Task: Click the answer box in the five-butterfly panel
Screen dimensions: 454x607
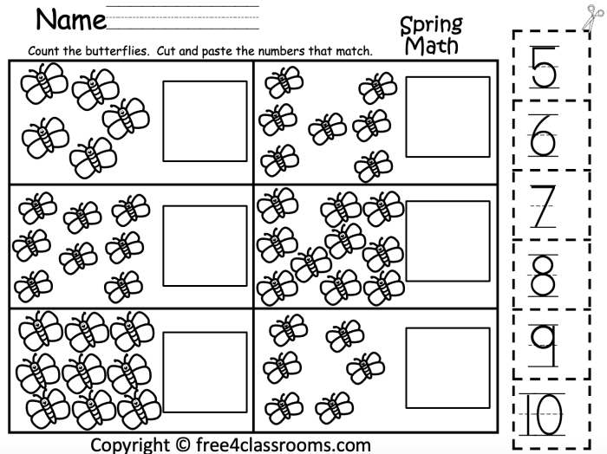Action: pos(193,120)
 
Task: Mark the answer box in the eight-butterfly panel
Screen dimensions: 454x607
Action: pos(193,242)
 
